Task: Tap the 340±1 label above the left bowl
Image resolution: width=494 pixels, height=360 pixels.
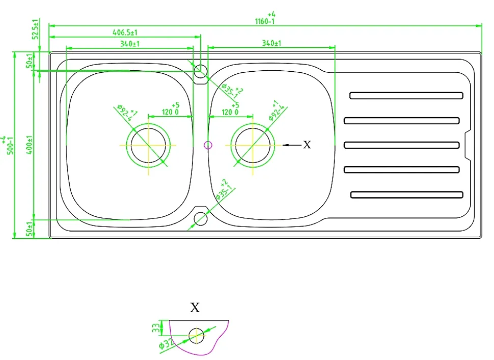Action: pos(130,44)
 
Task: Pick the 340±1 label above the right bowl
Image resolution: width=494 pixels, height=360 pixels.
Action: pos(271,44)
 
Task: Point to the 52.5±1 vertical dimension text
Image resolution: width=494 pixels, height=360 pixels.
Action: pos(35,30)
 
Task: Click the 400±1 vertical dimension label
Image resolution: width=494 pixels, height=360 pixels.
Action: pos(30,145)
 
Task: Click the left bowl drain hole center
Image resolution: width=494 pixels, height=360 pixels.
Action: pos(148,145)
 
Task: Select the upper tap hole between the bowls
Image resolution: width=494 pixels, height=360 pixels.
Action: pos(201,70)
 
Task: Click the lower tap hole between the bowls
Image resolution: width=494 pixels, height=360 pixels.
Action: pos(201,218)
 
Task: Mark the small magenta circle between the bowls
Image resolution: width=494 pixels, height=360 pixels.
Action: pos(208,145)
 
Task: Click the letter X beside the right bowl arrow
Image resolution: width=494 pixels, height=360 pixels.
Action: pos(307,145)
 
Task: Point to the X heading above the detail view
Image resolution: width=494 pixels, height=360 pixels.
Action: pos(195,308)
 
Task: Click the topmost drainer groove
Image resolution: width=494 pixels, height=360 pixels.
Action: pos(406,95)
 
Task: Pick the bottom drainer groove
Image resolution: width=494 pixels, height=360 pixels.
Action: pos(406,195)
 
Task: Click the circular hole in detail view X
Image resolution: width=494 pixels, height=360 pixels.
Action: pos(196,336)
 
